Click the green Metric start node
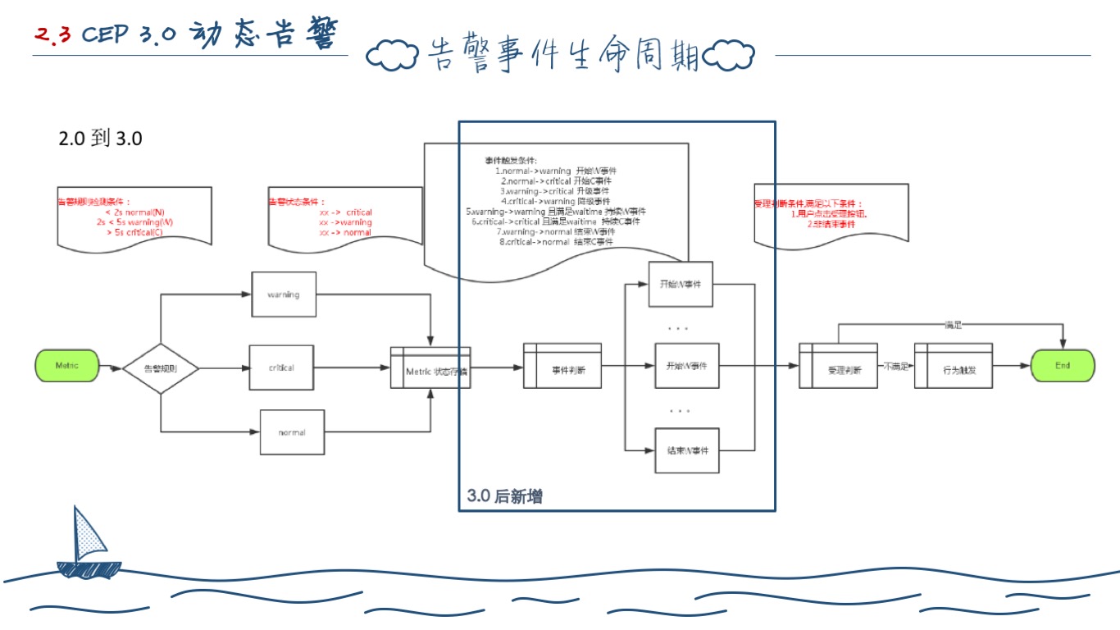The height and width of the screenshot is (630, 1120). click(x=67, y=366)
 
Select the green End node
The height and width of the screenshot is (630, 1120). click(x=1062, y=366)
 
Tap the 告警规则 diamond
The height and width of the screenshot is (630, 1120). click(x=161, y=368)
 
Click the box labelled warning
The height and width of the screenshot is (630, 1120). click(x=283, y=294)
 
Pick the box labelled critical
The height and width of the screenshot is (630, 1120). click(x=281, y=367)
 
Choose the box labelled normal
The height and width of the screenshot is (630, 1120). click(x=292, y=432)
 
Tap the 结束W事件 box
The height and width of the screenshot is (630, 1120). click(x=687, y=450)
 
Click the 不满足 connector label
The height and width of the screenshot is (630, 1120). click(x=895, y=367)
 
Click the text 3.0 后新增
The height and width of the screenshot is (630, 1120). click(x=504, y=496)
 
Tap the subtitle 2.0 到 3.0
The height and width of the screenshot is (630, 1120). click(x=100, y=139)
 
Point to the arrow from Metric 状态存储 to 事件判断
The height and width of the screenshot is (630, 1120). click(x=496, y=367)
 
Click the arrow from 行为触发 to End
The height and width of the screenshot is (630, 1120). click(x=1011, y=367)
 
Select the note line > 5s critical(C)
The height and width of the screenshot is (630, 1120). click(x=134, y=232)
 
